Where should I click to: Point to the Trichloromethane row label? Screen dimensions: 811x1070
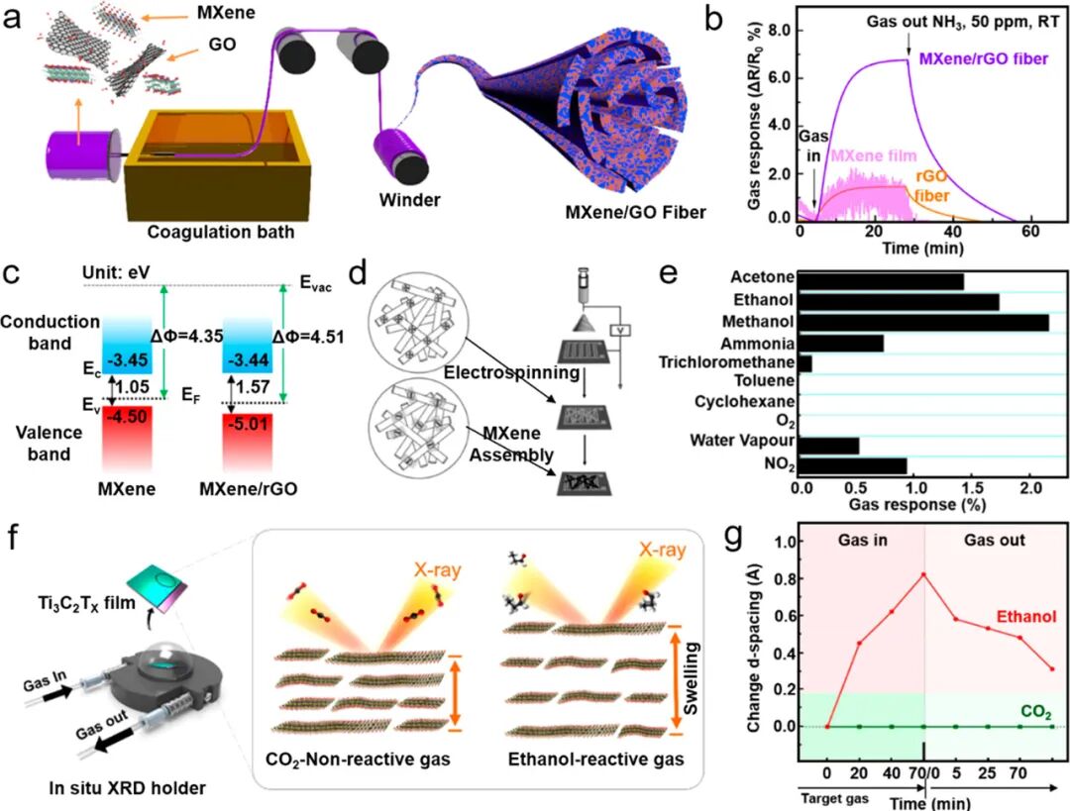(x=730, y=363)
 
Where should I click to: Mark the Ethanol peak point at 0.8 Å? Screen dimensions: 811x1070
(x=923, y=574)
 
